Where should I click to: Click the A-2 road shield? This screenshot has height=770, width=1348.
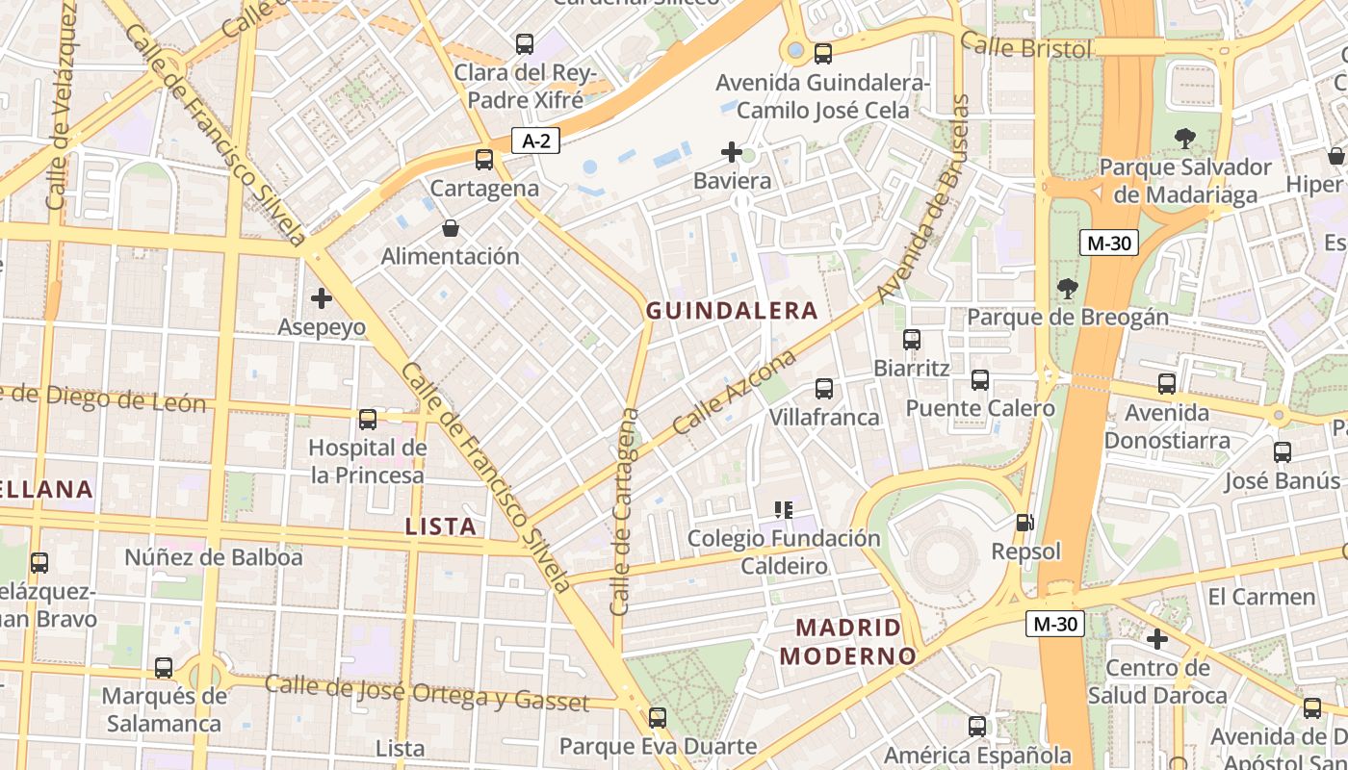[535, 141]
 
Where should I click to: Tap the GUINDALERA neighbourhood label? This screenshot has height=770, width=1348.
[732, 311]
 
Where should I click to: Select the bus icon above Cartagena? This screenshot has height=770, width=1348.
[484, 160]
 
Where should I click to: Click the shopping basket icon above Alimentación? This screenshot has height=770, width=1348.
[450, 228]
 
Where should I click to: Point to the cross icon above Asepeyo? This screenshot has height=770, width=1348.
[322, 298]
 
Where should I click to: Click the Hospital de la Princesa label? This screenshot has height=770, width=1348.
[367, 462]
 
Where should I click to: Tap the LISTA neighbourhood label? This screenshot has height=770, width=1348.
[441, 526]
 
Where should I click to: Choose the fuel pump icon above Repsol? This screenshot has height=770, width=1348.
[1025, 523]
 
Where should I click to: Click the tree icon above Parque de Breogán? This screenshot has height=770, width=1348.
[1067, 288]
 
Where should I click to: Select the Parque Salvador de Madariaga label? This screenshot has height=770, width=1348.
[1185, 181]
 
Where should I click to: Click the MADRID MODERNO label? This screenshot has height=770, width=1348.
[847, 642]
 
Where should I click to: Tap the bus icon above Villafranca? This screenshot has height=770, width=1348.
[824, 389]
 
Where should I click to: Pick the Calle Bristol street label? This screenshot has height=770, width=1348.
[1026, 47]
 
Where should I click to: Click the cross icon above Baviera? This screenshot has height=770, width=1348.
[732, 152]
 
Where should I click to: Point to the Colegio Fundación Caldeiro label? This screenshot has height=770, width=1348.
[784, 552]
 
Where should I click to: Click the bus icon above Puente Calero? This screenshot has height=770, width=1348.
[980, 380]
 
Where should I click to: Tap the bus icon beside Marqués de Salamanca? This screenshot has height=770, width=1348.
[164, 668]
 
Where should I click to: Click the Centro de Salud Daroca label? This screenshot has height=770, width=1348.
[1157, 681]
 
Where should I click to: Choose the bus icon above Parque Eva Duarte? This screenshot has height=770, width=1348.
[658, 718]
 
